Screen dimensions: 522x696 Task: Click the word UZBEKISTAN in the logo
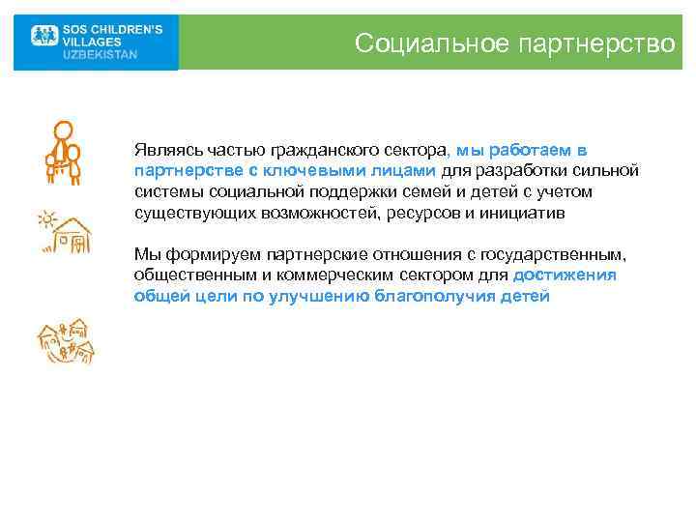100,55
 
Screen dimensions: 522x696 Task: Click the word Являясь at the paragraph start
164,151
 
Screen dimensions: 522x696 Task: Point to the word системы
166,191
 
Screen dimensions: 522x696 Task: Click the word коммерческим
296,275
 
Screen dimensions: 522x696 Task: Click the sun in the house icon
45,219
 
